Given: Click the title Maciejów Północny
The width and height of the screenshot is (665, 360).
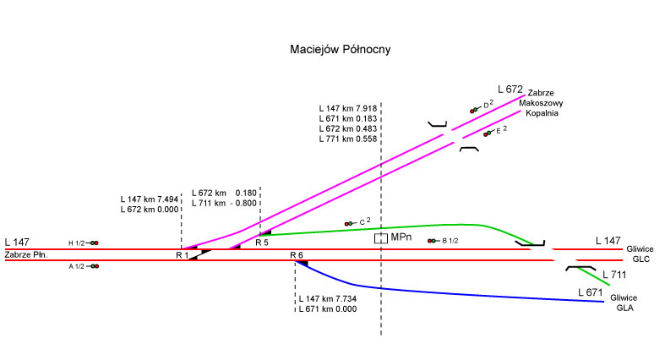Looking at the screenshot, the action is [341, 50].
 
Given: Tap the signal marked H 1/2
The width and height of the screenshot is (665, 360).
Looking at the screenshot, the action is [92, 243].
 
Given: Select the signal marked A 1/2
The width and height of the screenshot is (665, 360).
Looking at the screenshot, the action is [92, 266].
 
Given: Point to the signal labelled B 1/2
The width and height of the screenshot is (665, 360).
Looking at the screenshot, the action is [433, 241].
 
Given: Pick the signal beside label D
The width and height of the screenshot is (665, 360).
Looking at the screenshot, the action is [476, 110].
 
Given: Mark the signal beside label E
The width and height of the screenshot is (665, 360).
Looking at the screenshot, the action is [488, 134].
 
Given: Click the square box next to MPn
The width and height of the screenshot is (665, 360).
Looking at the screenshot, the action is [381, 238].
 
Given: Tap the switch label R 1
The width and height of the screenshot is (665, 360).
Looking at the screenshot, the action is [182, 255].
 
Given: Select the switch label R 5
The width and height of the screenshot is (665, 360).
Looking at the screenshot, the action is [262, 243].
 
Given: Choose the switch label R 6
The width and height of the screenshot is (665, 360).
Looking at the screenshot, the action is [297, 255].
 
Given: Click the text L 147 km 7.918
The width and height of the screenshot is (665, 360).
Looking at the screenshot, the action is [348, 108].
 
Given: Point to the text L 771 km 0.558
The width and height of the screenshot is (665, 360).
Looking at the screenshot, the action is [348, 139].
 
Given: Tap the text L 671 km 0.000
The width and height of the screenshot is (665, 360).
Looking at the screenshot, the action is [327, 309].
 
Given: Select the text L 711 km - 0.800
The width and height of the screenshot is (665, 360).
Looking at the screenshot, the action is [224, 204].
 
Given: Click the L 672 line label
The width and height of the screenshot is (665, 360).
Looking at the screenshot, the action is [510, 90].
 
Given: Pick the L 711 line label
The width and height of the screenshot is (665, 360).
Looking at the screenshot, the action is [614, 275].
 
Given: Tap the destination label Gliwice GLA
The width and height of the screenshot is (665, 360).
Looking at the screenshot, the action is [624, 303].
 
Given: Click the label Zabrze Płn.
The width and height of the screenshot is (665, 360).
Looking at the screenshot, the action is [26, 255].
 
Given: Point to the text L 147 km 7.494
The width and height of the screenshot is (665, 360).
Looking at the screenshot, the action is [150, 199].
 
